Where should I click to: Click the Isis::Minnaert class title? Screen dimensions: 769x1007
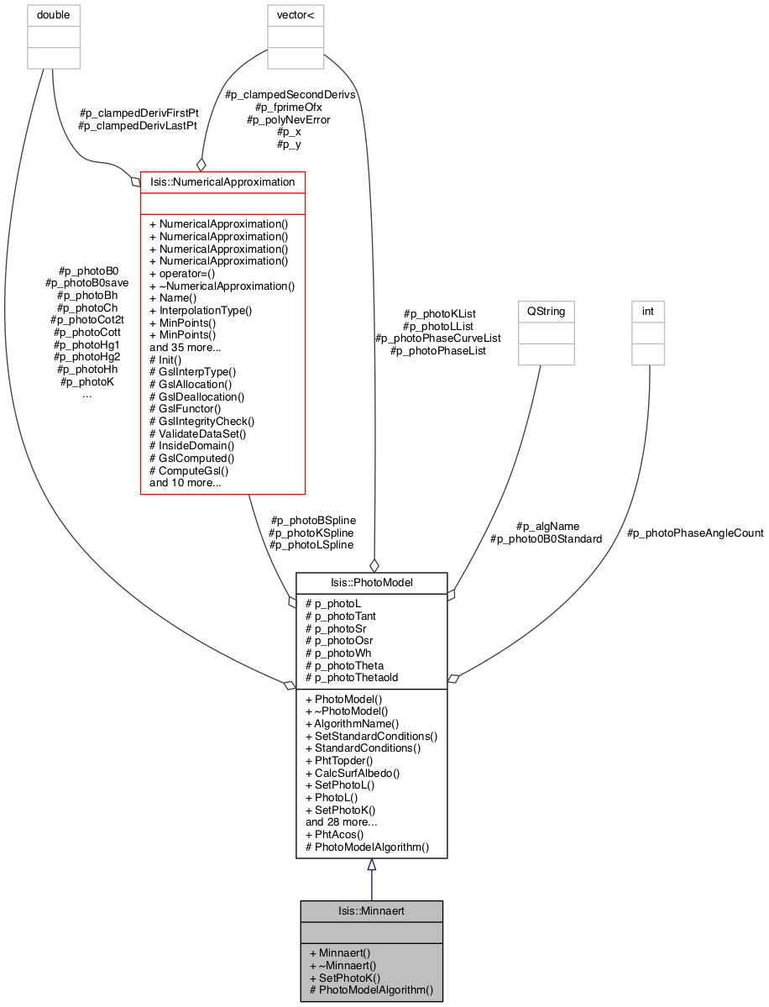371,910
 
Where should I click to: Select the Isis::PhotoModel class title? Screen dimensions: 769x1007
372,583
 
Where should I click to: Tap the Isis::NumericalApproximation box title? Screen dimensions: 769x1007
222,181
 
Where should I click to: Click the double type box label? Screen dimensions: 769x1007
53,15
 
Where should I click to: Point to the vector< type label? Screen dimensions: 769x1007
296,15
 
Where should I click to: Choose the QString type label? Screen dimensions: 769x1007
547,311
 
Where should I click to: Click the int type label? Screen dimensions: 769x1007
647,311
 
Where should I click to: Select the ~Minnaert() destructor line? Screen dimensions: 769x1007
343,965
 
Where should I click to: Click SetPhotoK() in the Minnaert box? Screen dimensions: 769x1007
345,978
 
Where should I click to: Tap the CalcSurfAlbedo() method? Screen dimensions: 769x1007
353,774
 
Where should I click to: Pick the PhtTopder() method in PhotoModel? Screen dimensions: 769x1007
339,760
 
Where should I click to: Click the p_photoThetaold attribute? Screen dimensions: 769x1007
352,678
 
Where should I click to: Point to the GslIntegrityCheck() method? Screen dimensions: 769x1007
201,422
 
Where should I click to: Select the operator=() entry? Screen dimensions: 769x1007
181,274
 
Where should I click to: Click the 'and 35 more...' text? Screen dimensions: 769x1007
185,348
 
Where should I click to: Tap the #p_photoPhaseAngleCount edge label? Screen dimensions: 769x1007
695,533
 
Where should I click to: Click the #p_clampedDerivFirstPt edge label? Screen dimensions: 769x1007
139,113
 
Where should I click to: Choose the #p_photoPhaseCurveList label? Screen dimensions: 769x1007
437,338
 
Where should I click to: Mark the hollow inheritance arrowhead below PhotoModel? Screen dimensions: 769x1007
371,865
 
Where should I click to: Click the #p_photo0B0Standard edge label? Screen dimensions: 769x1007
547,539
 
